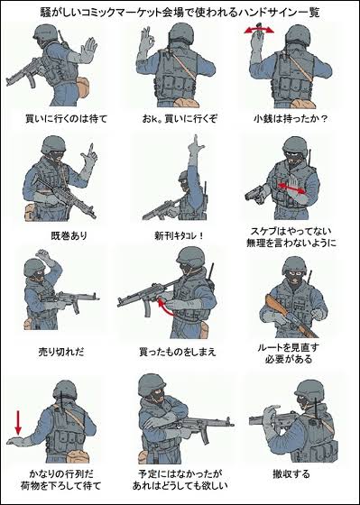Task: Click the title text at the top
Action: (180, 10)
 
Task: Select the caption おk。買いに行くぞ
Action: (180, 118)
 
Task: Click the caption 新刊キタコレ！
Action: (180, 235)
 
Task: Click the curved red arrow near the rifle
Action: (165, 309)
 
